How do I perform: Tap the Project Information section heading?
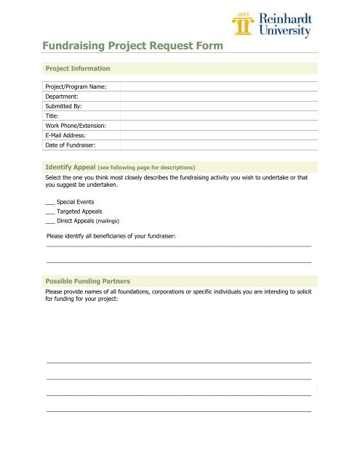click(78, 68)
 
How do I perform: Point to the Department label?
click(62, 97)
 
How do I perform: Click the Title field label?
click(52, 116)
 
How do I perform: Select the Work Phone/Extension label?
click(76, 126)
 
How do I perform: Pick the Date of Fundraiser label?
click(70, 145)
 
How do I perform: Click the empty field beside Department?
click(218, 97)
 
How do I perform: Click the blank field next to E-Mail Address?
click(218, 135)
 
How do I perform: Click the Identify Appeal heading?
click(70, 166)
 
